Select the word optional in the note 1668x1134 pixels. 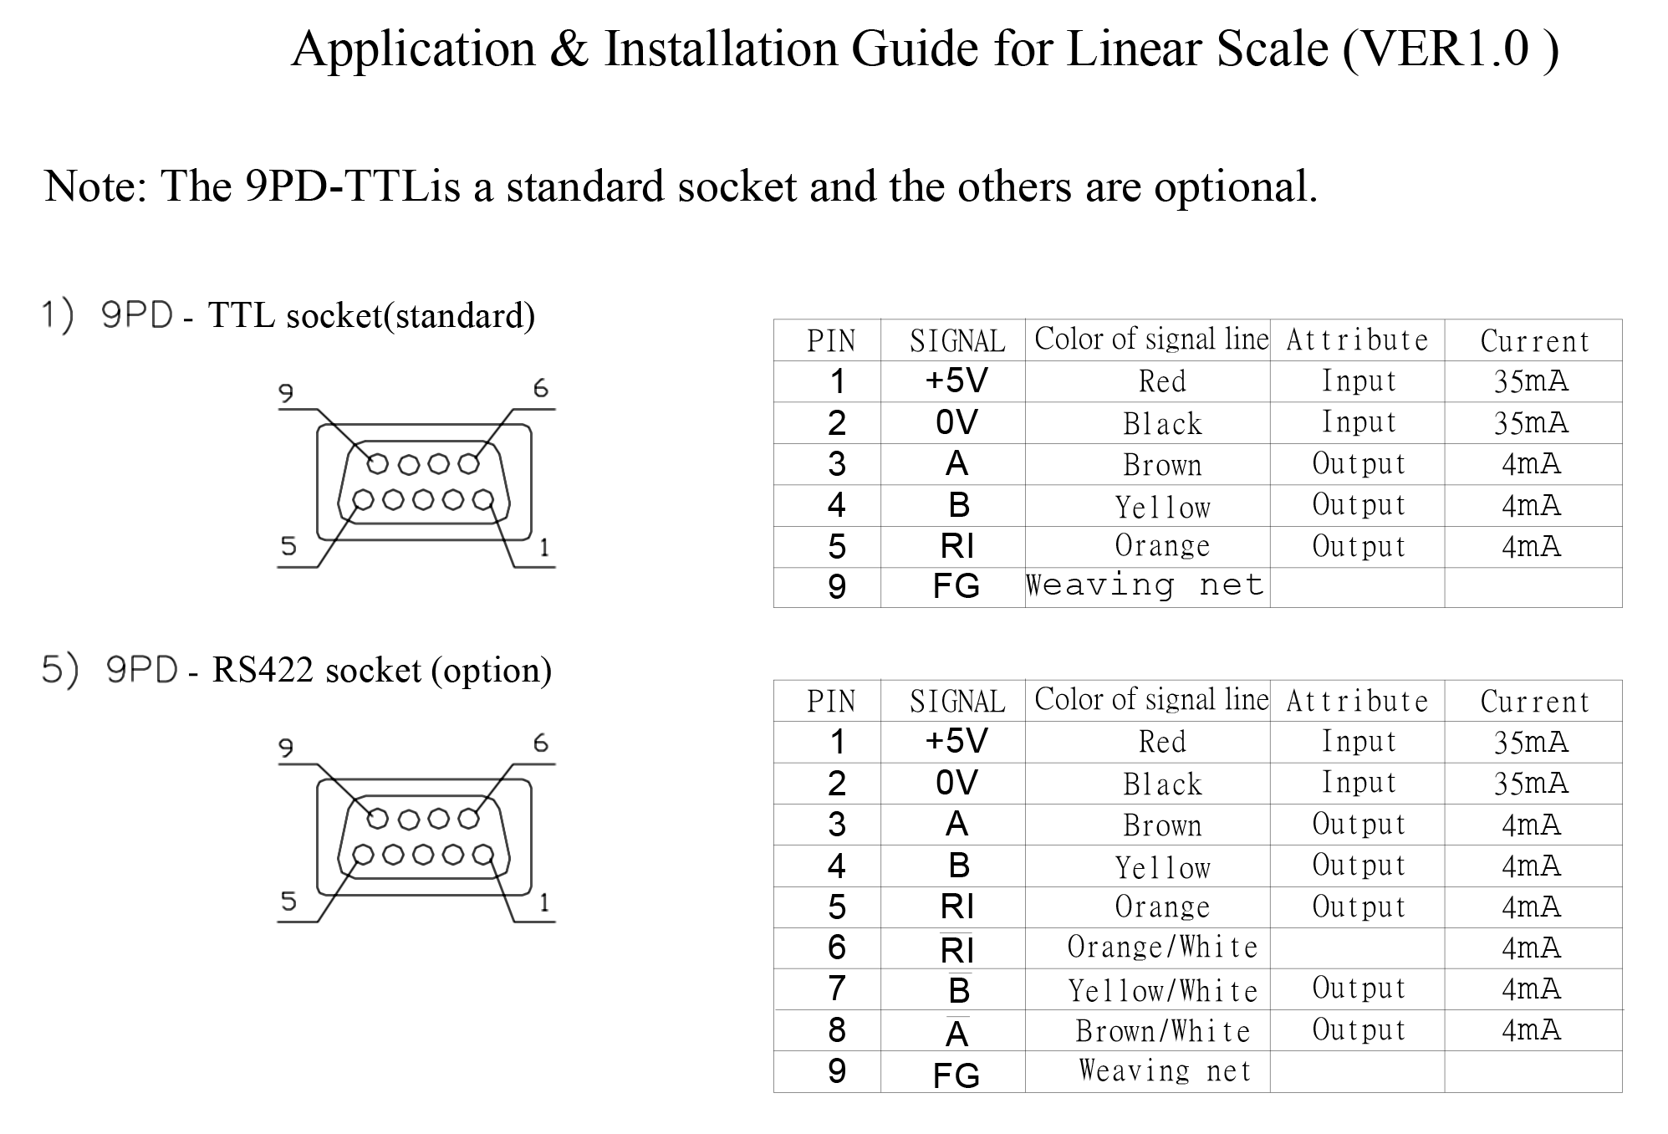click(1235, 186)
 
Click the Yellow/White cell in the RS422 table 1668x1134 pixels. click(1162, 990)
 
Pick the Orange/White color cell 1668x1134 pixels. click(1162, 948)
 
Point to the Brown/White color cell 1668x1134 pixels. click(1162, 1031)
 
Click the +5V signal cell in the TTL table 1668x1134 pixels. click(956, 381)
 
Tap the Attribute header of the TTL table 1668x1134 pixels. click(1356, 340)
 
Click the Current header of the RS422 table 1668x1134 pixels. click(1533, 702)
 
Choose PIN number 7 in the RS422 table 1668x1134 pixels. click(836, 989)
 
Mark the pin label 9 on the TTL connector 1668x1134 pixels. click(286, 392)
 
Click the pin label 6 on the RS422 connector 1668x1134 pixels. click(541, 743)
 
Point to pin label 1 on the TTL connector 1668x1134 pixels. click(544, 548)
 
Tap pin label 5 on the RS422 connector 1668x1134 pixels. click(288, 902)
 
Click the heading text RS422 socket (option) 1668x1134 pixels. click(381, 671)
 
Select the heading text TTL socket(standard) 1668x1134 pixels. click(370, 316)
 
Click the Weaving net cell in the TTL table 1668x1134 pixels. click(1145, 585)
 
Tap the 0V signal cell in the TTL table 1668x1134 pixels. click(956, 423)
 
